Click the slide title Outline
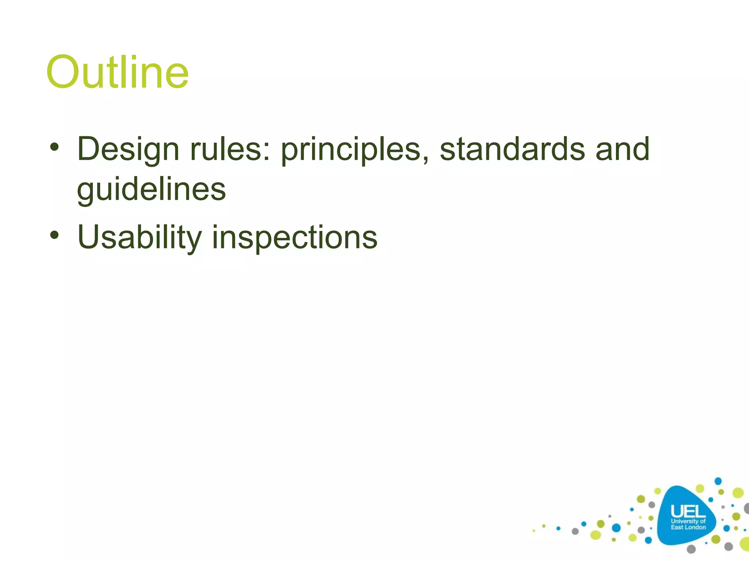point(117,72)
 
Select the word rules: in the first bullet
point(230,149)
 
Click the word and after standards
point(622,149)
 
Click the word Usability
point(139,238)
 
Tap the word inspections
point(295,238)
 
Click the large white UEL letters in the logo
point(688,511)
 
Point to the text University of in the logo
point(688,521)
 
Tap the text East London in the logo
point(688,527)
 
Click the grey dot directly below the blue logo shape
point(691,549)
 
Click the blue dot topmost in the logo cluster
point(718,481)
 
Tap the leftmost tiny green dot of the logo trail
point(534,531)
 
